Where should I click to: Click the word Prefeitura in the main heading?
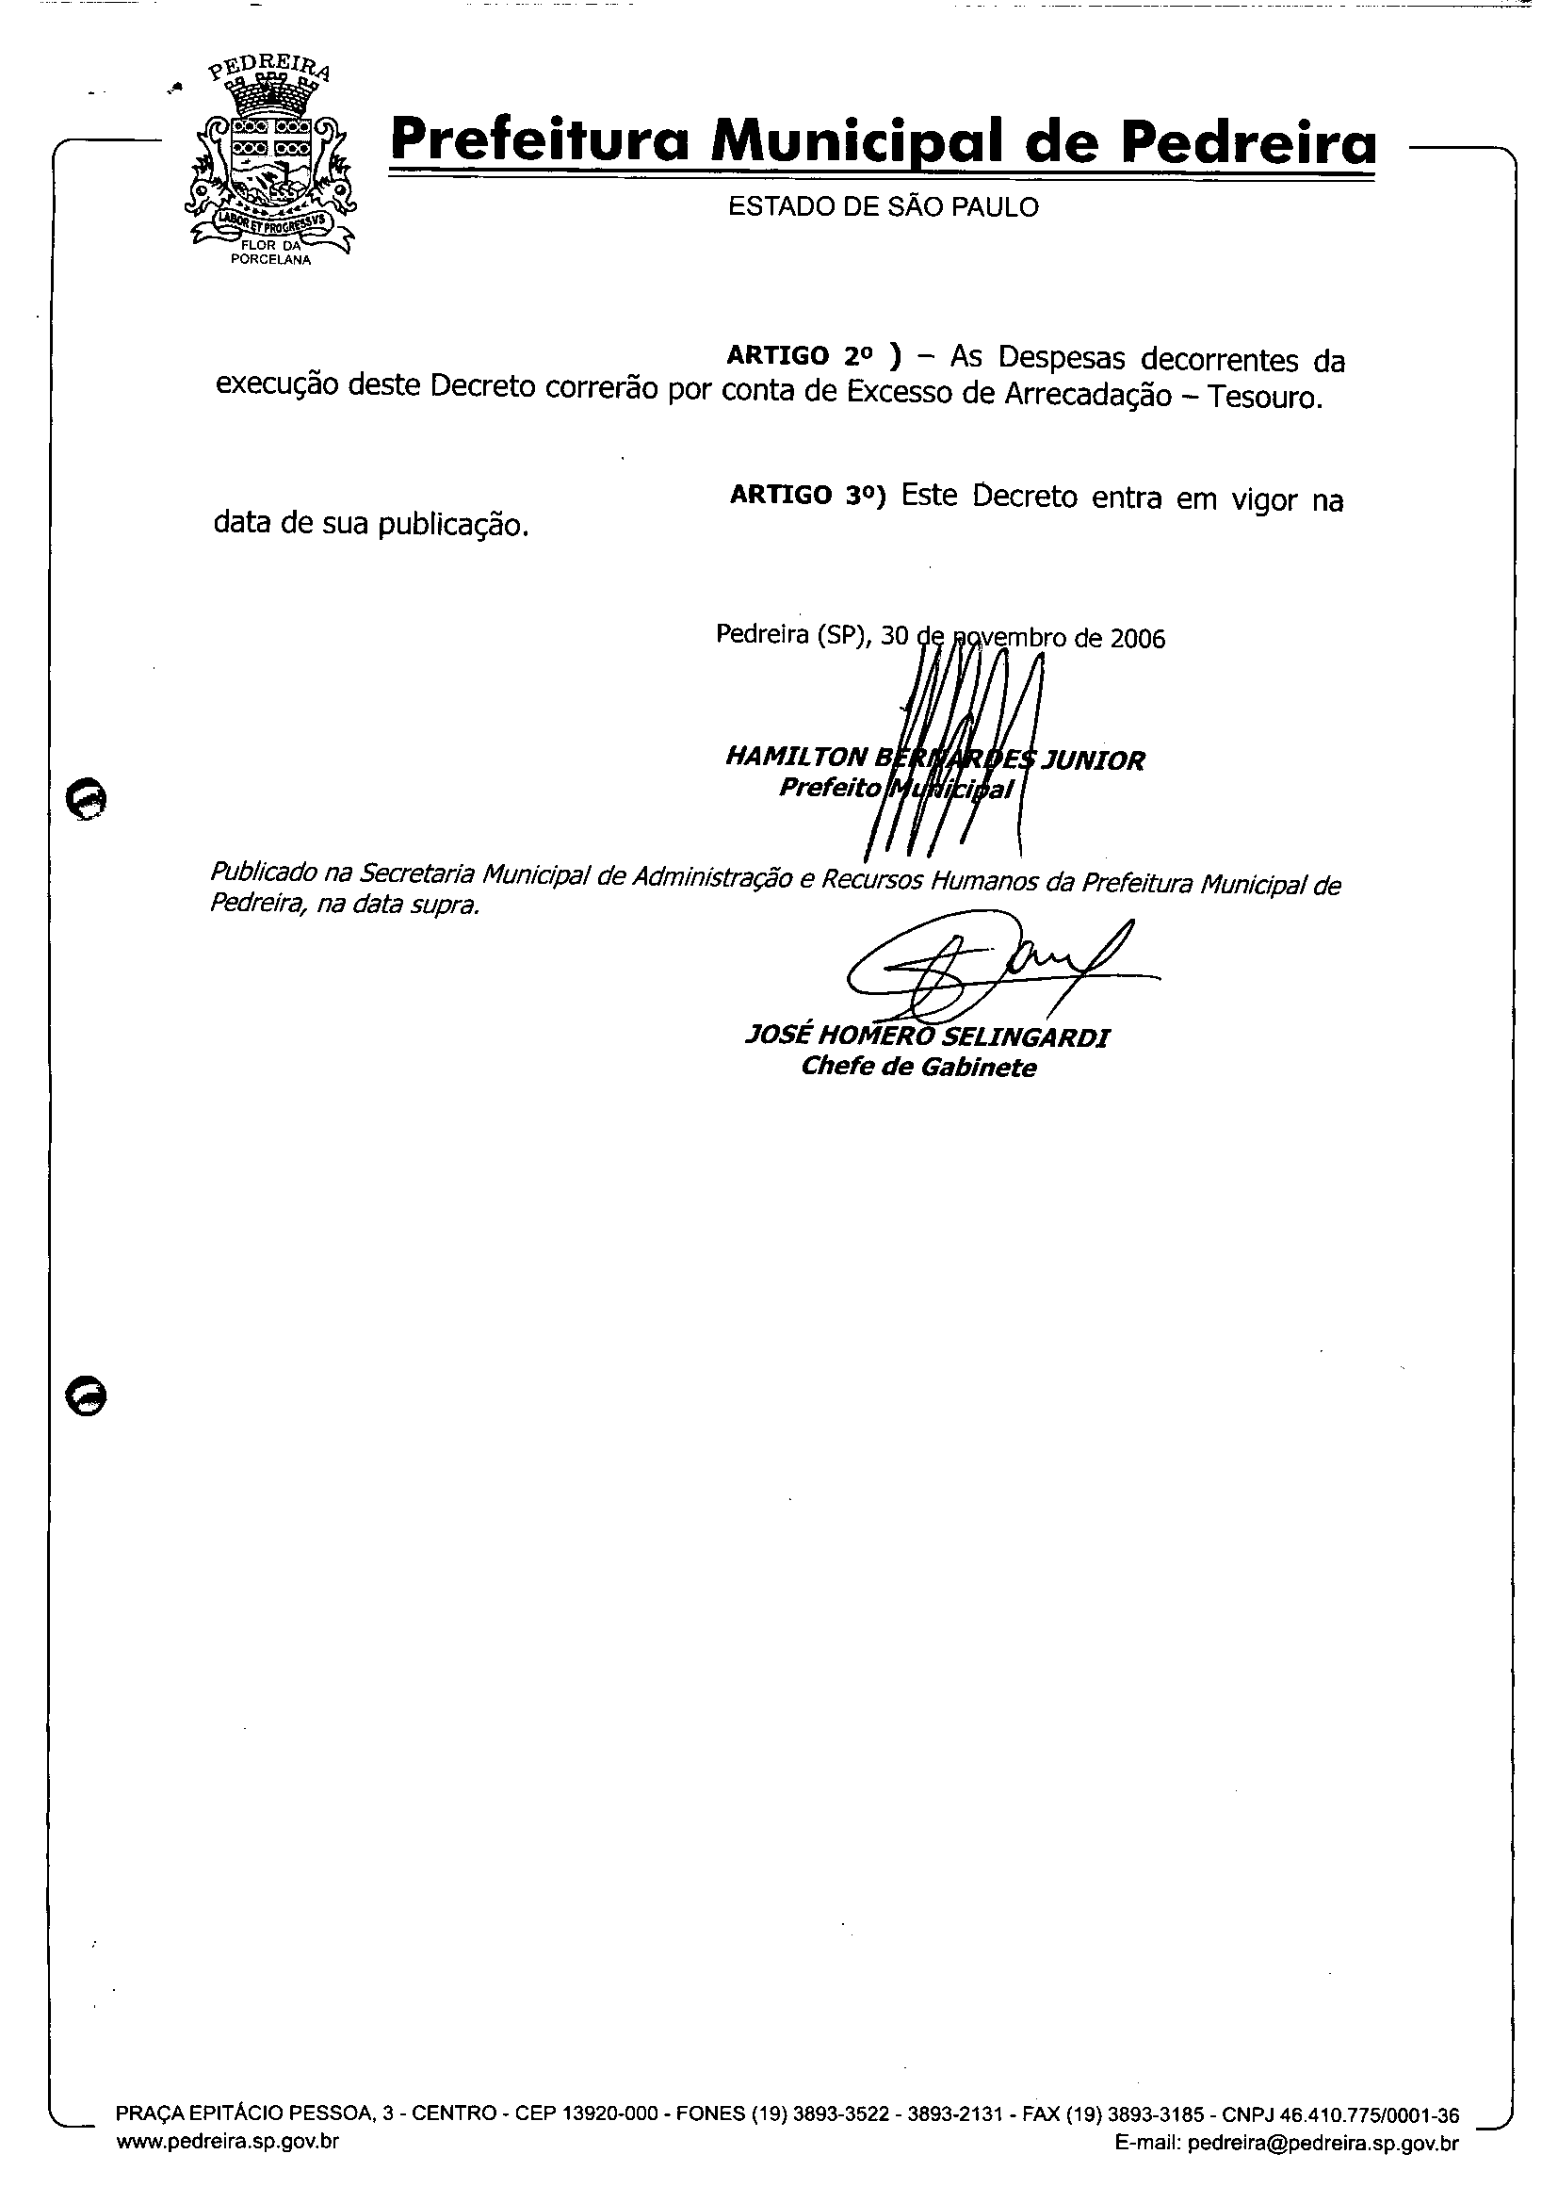coord(542,141)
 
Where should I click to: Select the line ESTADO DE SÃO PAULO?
coord(883,207)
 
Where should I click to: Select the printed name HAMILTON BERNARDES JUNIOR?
coord(934,759)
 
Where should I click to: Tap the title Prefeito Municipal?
coord(895,789)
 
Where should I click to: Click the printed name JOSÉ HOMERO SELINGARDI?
coord(927,1037)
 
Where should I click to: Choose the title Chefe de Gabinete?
coord(918,1067)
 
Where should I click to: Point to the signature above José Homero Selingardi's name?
coord(988,969)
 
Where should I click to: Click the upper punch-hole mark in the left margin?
coord(86,797)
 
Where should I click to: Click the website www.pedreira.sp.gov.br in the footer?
coord(227,2142)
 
